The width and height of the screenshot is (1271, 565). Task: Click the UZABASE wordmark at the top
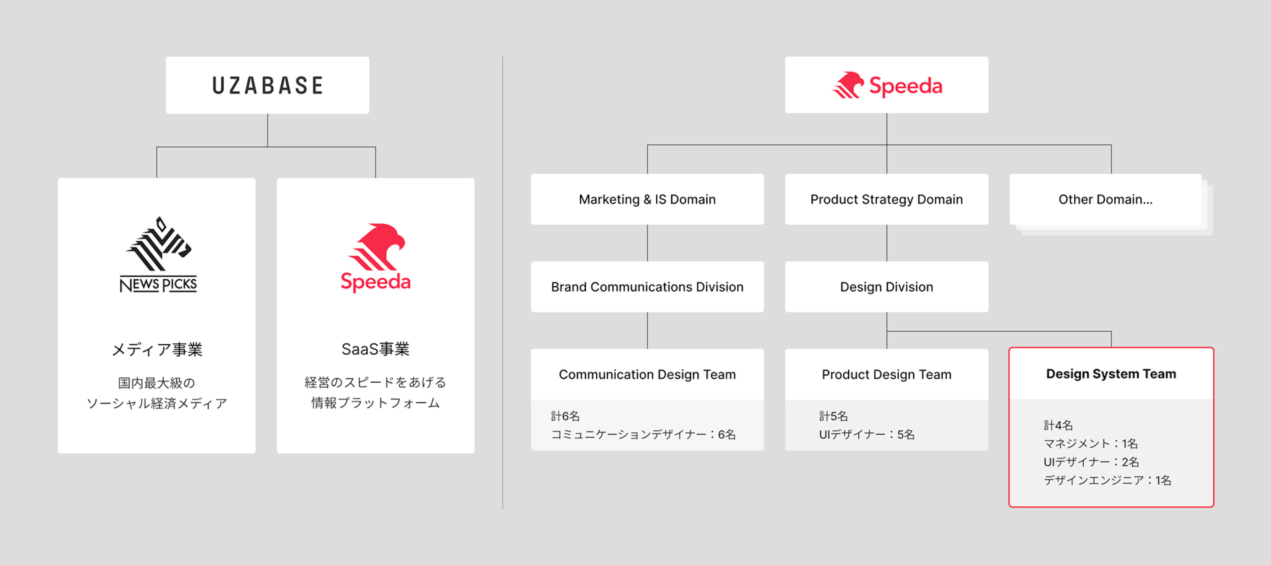coord(267,85)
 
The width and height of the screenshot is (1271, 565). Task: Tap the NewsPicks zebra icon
coord(159,244)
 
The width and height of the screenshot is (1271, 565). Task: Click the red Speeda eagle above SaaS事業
coord(376,247)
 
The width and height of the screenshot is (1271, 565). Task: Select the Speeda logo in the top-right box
coord(887,85)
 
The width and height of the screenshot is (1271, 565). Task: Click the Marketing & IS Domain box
coord(647,199)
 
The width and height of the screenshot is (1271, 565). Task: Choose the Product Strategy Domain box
coord(887,199)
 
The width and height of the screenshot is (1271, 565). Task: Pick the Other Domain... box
coord(1106,199)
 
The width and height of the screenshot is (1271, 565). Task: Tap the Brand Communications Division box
coord(647,287)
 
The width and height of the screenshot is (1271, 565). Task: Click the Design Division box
coord(887,287)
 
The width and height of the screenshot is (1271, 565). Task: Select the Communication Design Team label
coord(647,375)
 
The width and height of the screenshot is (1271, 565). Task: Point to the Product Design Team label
coord(887,375)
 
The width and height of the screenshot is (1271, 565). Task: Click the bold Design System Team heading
coord(1111,374)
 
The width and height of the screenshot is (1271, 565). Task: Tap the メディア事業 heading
coord(157,350)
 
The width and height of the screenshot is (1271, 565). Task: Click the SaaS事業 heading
coord(375,349)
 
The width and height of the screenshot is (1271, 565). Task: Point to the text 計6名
coord(565,416)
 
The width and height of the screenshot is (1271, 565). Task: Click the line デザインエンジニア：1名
coord(1107,480)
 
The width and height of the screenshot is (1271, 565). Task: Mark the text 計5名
coord(833,416)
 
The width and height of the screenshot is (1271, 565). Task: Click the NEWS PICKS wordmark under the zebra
coord(159,284)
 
